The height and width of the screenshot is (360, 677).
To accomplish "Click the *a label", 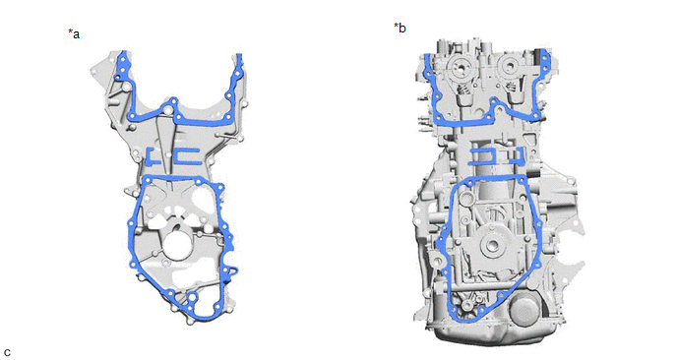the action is tap(74, 33).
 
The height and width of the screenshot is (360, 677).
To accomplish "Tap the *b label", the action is tap(400, 29).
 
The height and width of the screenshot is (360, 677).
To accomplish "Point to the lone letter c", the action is tap(7, 352).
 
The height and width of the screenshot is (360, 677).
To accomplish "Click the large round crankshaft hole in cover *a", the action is tap(176, 244).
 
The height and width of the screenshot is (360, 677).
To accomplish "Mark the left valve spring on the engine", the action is tap(462, 90).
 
